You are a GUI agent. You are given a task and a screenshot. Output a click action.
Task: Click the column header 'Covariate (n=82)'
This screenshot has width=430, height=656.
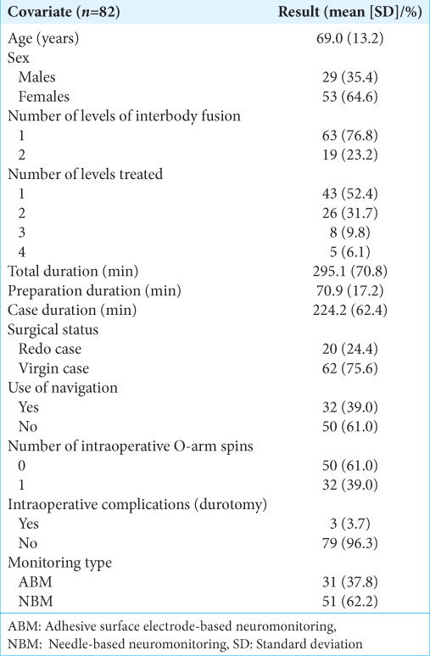click(64, 12)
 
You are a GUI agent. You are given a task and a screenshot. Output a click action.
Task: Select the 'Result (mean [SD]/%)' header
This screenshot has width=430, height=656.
click(349, 12)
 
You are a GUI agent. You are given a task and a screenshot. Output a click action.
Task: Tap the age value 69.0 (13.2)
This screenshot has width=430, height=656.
click(349, 38)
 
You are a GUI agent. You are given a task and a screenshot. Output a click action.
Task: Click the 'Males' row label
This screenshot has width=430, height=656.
click(36, 77)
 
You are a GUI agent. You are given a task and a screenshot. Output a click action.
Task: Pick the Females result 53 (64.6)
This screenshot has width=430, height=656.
click(349, 97)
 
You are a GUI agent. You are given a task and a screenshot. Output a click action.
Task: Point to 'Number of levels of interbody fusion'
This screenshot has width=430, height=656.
click(124, 116)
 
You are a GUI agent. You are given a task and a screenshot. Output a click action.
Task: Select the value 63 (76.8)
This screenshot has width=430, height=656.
click(349, 136)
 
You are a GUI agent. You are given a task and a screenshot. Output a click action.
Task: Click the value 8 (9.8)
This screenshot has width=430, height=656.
click(349, 233)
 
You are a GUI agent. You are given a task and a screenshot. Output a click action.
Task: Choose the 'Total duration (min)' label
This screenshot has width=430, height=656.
click(73, 271)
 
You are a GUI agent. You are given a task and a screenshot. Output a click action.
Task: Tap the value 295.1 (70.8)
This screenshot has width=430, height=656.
click(349, 271)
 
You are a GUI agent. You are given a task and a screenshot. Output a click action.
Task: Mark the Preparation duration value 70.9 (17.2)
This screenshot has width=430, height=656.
click(349, 291)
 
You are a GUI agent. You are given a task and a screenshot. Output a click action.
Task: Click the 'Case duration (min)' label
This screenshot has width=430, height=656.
click(72, 310)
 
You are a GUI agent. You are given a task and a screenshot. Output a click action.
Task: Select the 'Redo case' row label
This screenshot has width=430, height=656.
click(50, 349)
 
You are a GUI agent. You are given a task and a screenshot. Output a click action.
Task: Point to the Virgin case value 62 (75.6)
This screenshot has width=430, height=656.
click(349, 368)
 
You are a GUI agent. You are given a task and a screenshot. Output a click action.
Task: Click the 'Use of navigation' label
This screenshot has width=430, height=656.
click(63, 388)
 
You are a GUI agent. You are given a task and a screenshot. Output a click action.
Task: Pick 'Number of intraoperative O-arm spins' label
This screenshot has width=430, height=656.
click(131, 446)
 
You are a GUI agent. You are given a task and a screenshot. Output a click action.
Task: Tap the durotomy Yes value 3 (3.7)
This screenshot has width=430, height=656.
click(349, 524)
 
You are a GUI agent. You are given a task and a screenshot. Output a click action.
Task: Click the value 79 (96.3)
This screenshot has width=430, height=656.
click(349, 543)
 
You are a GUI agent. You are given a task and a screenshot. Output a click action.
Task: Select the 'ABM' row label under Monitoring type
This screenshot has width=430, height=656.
click(35, 582)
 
